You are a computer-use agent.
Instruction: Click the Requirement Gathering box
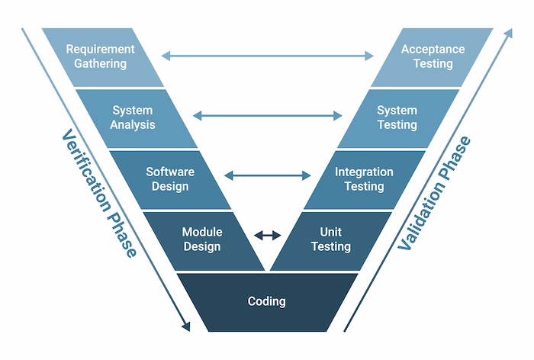tap(100, 56)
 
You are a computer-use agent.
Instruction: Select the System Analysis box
tap(133, 117)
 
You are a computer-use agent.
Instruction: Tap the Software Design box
tap(170, 179)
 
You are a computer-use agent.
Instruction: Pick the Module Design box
tap(202, 239)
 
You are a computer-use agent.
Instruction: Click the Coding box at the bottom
tap(267, 301)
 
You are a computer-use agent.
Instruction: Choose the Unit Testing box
tap(331, 239)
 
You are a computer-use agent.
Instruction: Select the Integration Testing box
tap(364, 179)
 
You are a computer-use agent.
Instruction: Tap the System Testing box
tap(397, 117)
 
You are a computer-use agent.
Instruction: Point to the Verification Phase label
tap(98, 194)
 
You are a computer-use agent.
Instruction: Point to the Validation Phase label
tap(436, 194)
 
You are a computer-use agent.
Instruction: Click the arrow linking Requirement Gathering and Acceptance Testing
tap(267, 55)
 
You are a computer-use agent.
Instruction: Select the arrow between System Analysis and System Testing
tap(267, 116)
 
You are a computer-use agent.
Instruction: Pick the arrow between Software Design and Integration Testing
tap(267, 176)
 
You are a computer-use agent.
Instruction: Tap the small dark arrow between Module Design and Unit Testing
tap(267, 236)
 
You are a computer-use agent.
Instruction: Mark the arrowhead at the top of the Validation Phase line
tap(509, 34)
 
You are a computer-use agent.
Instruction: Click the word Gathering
tap(100, 64)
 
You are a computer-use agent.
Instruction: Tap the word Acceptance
tap(433, 49)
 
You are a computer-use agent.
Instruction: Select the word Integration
tap(364, 172)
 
